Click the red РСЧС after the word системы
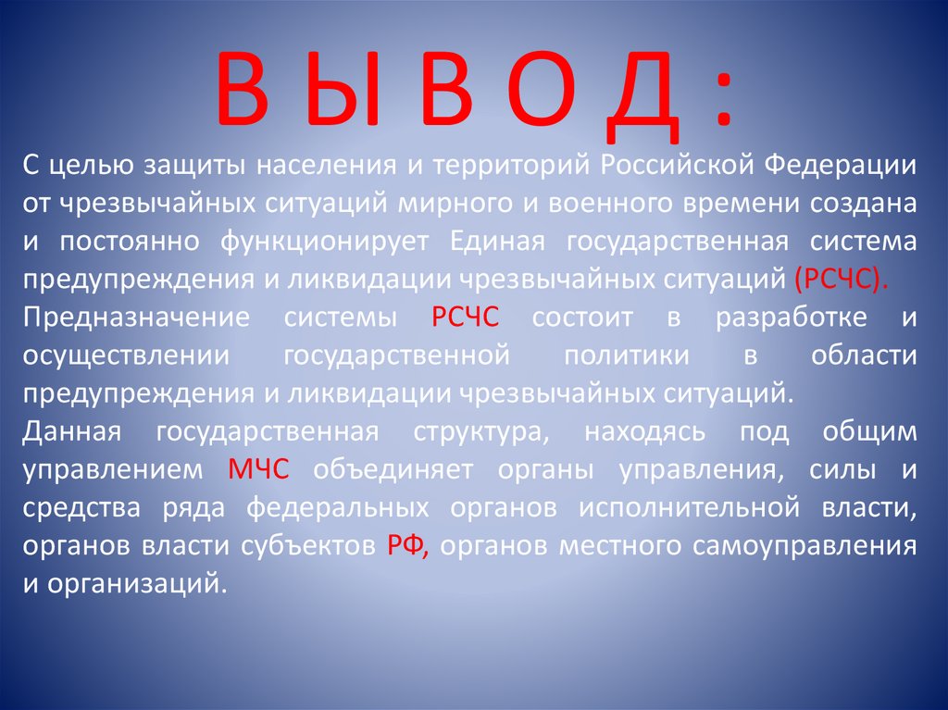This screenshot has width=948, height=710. click(466, 318)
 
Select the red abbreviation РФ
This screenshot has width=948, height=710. click(405, 545)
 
